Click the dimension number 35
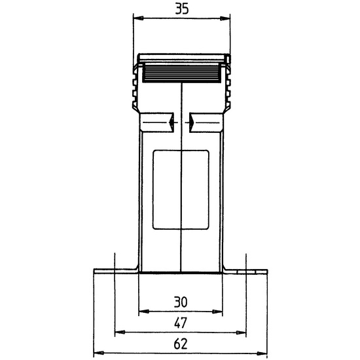point(182,9)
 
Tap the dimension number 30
point(181,302)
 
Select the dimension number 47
point(181,323)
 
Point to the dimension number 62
point(181,344)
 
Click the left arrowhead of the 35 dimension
point(138,18)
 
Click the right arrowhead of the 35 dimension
point(225,18)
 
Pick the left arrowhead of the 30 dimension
point(144,312)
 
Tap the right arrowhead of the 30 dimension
point(217,312)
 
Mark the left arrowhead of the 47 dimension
point(120,332)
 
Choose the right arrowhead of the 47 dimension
point(241,333)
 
